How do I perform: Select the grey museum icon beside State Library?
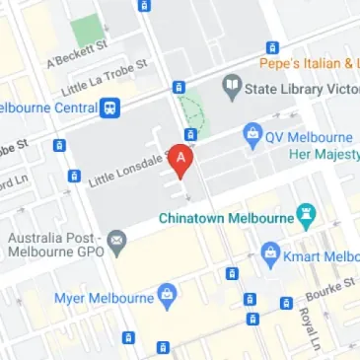pyautogui.click(x=232, y=88)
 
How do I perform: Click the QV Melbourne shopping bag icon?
pyautogui.click(x=252, y=134)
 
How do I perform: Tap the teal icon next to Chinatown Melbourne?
pyautogui.click(x=307, y=214)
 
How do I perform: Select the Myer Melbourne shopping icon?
pyautogui.click(x=167, y=293)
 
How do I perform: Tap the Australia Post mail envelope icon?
pyautogui.click(x=117, y=239)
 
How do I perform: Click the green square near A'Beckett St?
pyautogui.click(x=86, y=31)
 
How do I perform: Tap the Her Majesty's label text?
pyautogui.click(x=322, y=155)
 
